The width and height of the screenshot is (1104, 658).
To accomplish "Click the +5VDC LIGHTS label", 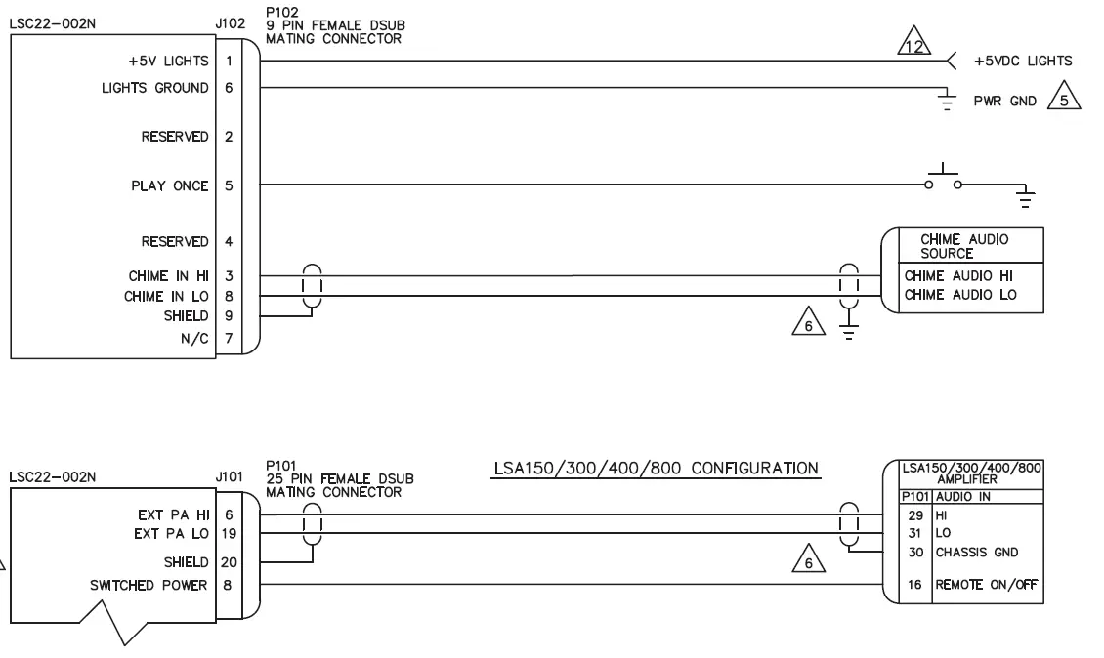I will point(1023,61).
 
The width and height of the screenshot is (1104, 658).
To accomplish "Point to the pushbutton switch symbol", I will point(944,178).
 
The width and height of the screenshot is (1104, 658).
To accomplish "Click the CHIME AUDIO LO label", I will point(953,294).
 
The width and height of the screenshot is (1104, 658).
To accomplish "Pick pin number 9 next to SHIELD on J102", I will point(228,314).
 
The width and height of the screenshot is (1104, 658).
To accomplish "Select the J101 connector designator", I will point(227,478).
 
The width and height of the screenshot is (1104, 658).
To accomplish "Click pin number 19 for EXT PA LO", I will point(228,533).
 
